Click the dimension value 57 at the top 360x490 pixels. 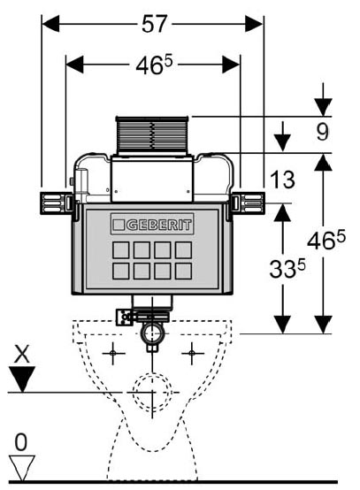pyautogui.click(x=155, y=24)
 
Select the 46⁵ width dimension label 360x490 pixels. pyautogui.click(x=154, y=65)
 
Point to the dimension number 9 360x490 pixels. pyautogui.click(x=323, y=132)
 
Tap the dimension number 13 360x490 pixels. pyautogui.click(x=282, y=180)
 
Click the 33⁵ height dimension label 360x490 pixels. pyautogui.click(x=287, y=269)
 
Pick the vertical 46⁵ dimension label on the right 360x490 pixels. pyautogui.click(x=326, y=241)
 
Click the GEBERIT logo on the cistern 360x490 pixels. pyautogui.click(x=152, y=224)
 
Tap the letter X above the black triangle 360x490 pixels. pyautogui.click(x=21, y=354)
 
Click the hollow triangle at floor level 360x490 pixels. pyautogui.click(x=21, y=468)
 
